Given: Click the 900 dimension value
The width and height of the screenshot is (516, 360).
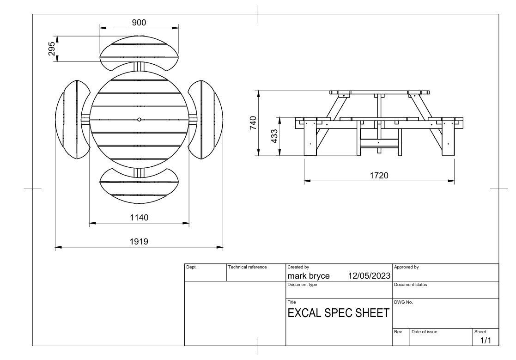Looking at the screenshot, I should [x=139, y=23].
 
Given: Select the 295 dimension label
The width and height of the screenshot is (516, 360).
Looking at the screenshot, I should [x=52, y=49].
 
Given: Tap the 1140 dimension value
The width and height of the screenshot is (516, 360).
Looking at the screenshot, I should [x=139, y=217].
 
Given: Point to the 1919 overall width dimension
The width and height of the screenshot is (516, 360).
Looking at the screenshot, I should [x=139, y=241].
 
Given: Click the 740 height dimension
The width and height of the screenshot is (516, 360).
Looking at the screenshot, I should [x=253, y=123].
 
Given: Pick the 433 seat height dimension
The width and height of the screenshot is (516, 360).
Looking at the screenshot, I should [x=274, y=136].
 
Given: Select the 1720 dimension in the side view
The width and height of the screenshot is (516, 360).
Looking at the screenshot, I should [x=379, y=176].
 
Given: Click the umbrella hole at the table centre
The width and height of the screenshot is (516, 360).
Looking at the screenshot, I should [x=139, y=119].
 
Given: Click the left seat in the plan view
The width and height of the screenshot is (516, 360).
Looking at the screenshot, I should [x=72, y=119].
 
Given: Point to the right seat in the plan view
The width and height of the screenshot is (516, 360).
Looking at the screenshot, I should [x=206, y=119].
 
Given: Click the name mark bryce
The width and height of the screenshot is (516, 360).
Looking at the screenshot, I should [x=309, y=276].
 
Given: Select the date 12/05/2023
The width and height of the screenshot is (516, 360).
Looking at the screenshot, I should [x=369, y=276].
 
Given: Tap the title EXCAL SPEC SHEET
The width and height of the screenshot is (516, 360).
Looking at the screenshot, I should [x=338, y=313].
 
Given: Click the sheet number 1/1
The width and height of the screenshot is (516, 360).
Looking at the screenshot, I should [x=486, y=341].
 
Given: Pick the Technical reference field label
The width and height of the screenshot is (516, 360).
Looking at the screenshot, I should [x=247, y=267].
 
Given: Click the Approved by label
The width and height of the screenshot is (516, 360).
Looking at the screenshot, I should [x=407, y=267].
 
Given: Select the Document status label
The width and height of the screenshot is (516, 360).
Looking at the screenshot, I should [x=411, y=285].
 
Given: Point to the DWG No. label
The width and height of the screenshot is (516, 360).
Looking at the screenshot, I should [x=403, y=302].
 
